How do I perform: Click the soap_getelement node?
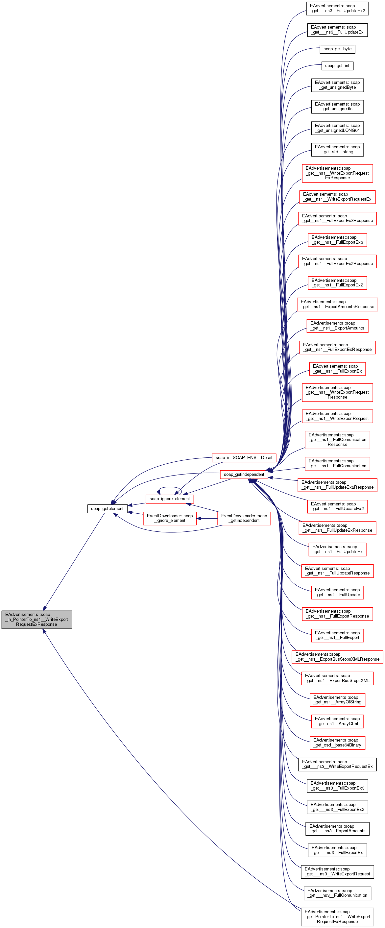(x=107, y=508)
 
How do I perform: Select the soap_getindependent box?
(x=244, y=474)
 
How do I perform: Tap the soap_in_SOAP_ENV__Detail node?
(x=244, y=457)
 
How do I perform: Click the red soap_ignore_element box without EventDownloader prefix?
(x=170, y=499)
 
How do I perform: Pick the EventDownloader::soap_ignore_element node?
(x=170, y=518)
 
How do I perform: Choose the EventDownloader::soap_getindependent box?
(x=244, y=518)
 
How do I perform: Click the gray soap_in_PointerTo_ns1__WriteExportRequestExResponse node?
(x=37, y=619)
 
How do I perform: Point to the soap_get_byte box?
(x=337, y=49)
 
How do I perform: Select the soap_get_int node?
(x=337, y=65)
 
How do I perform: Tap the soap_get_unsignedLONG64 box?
(x=337, y=128)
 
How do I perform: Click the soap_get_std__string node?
(x=337, y=149)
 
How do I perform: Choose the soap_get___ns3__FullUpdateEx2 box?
(x=337, y=8)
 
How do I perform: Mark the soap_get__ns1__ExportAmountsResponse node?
(x=337, y=304)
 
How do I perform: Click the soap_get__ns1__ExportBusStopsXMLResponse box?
(x=337, y=656)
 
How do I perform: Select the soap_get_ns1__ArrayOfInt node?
(x=337, y=721)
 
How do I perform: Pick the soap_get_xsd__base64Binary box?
(x=337, y=743)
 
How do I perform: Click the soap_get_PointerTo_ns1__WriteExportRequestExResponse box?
(x=337, y=916)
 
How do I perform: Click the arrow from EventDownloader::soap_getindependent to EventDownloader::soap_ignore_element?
(x=207, y=518)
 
